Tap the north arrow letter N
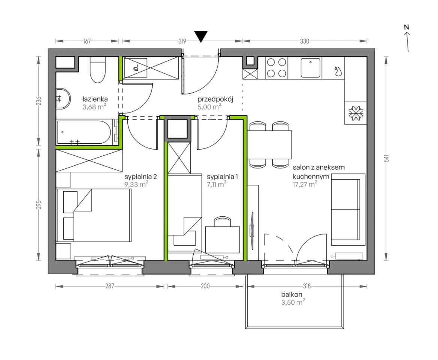pyautogui.click(x=407, y=27)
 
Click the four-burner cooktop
pyautogui.click(x=276, y=67)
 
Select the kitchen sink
pyautogui.click(x=310, y=67)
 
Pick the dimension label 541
pyautogui.click(x=386, y=159)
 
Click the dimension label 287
pyautogui.click(x=110, y=286)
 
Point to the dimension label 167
pyautogui.click(x=87, y=41)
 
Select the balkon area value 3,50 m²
pyautogui.click(x=293, y=302)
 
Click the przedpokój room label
pyautogui.click(x=215, y=99)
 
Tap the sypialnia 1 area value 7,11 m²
pyautogui.click(x=217, y=184)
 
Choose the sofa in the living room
pyautogui.click(x=348, y=210)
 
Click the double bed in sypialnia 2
pyautogui.click(x=94, y=215)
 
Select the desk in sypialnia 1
pyautogui.click(x=223, y=240)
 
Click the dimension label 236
pyautogui.click(x=39, y=101)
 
